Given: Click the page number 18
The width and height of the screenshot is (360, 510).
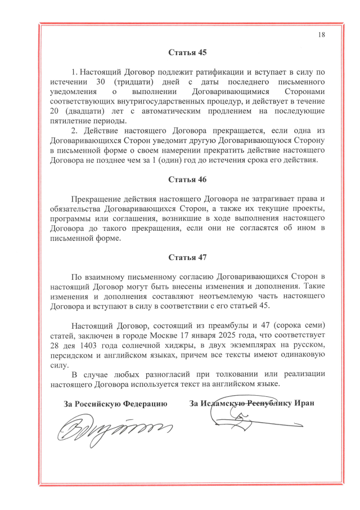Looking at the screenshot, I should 322,34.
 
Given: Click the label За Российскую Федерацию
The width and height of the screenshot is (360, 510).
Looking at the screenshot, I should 116,403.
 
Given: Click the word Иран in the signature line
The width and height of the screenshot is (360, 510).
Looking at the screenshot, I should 301,403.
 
